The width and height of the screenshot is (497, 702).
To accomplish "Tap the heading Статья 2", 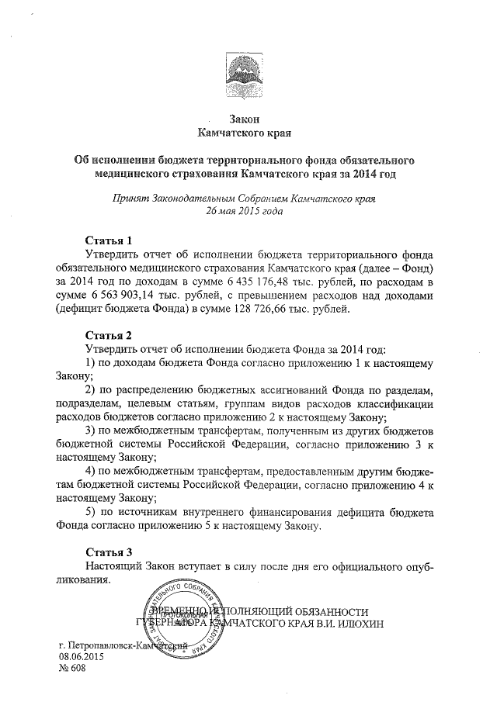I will [x=113, y=335].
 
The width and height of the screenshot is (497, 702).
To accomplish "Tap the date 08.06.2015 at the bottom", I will [x=82, y=656].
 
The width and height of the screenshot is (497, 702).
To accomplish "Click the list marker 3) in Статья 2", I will [x=89, y=430].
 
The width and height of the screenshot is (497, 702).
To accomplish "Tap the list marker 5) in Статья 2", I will [x=89, y=512].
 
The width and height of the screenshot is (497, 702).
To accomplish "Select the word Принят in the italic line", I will [x=133, y=199].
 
